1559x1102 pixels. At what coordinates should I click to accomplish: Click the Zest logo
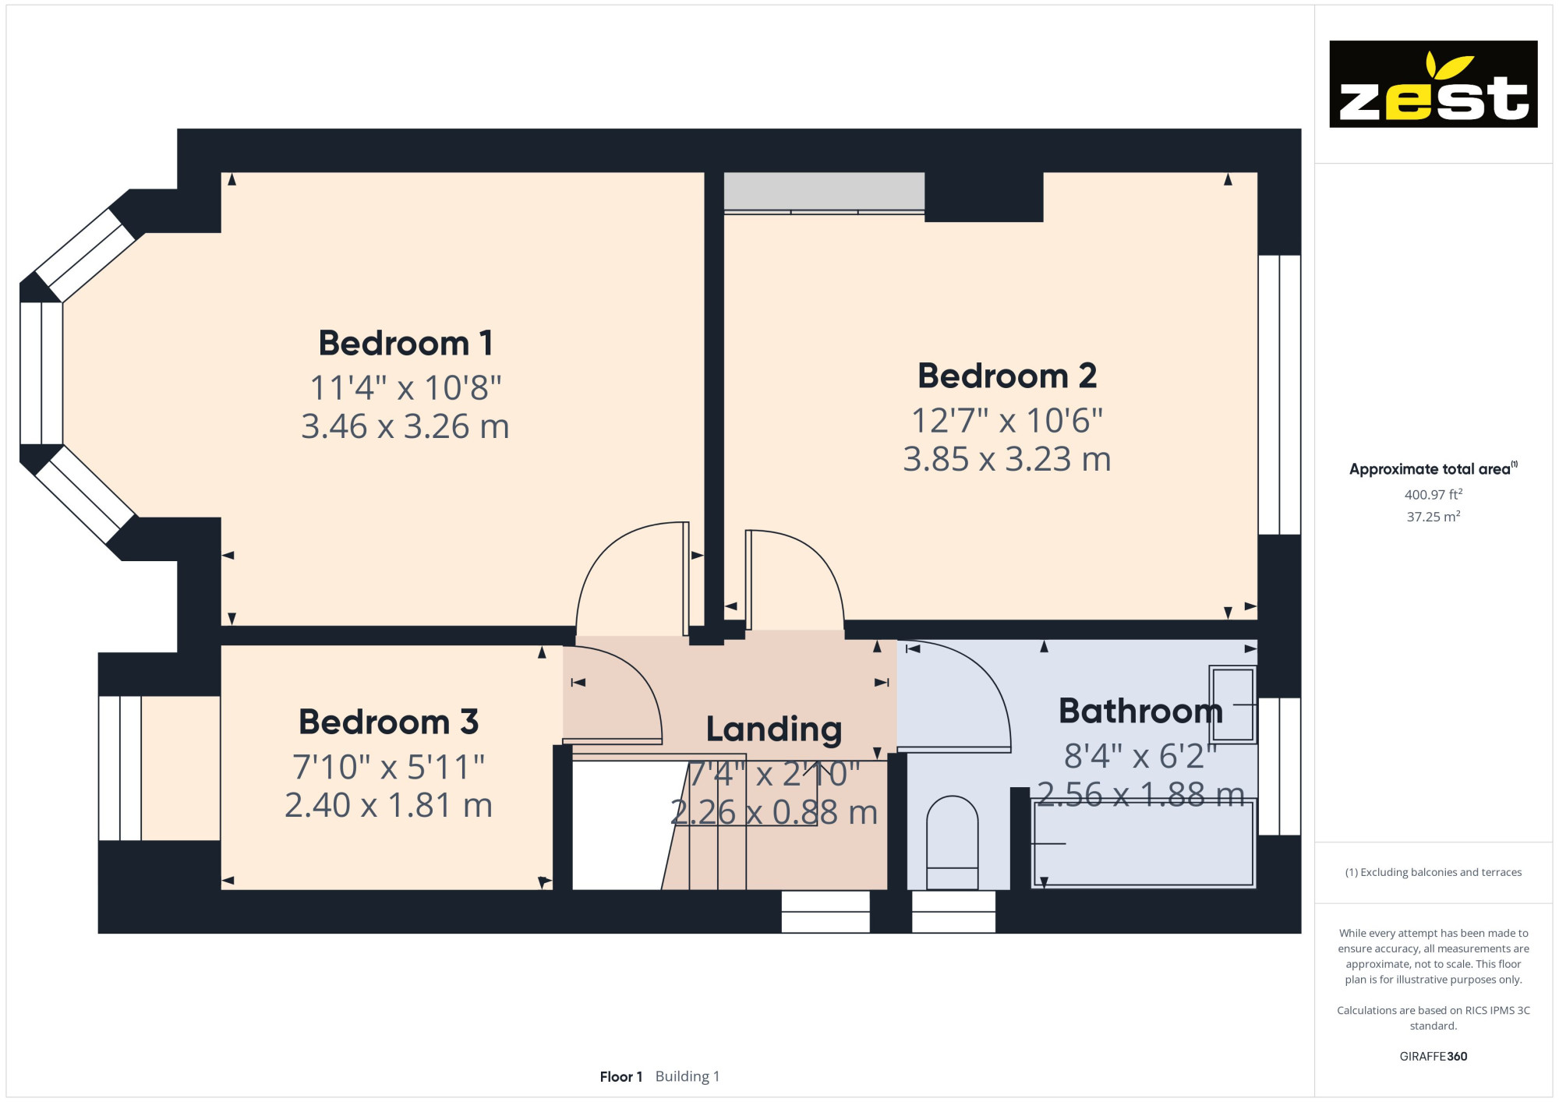[1433, 84]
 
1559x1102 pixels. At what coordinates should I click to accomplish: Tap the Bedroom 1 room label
[405, 343]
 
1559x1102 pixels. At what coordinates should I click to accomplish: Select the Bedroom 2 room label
[1007, 376]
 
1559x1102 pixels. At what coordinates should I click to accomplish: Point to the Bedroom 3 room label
[388, 722]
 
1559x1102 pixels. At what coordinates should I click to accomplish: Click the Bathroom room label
[1140, 711]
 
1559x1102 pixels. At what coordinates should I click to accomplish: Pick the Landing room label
[774, 729]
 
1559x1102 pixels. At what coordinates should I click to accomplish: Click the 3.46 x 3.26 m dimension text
[405, 426]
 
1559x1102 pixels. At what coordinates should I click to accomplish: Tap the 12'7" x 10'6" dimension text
[1007, 421]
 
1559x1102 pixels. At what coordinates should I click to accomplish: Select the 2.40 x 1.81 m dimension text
[388, 805]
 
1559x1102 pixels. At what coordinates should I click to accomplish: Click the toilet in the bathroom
[953, 842]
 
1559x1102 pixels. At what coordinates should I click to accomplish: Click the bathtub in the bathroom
[1144, 843]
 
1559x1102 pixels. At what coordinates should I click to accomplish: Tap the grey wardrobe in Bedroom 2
[824, 192]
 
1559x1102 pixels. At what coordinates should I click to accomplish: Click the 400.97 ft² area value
[1433, 494]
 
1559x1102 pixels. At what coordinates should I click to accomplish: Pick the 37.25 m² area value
[1433, 516]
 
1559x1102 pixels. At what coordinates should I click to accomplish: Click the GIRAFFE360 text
[1433, 1057]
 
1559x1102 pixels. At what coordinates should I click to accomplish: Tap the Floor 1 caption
[620, 1076]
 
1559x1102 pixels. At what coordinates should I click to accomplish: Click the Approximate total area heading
[1433, 468]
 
